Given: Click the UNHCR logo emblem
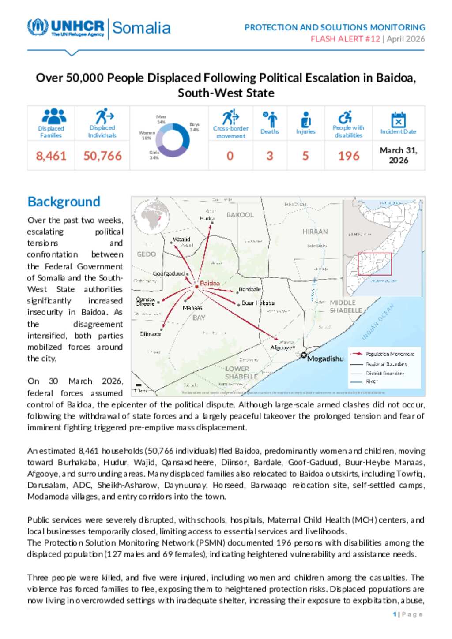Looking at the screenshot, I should tap(38, 27).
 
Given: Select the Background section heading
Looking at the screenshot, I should tap(64, 202).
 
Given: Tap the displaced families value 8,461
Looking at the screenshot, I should tap(51, 156).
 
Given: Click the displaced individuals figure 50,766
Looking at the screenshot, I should tap(102, 156).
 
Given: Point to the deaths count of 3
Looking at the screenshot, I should tap(270, 156).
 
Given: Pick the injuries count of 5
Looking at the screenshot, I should tap(305, 156).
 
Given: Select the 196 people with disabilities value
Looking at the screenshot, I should tap(349, 156).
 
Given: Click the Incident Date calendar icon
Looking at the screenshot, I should tap(398, 120).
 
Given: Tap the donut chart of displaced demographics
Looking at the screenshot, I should tap(173, 140).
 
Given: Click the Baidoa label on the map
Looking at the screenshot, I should tap(210, 283).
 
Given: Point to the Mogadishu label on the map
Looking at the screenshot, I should tap(325, 359).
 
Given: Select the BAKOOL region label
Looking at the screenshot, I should tap(240, 215).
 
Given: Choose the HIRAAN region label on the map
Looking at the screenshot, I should tap(315, 232).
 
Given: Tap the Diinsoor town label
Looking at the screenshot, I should tap(151, 334).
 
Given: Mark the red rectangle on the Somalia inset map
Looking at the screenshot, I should tap(374, 264).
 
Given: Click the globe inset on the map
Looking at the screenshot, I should tap(151, 216).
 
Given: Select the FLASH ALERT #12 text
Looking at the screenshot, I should tap(345, 39).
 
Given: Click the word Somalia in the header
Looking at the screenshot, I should tap(141, 28).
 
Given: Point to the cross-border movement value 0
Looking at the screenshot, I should tap(230, 156).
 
